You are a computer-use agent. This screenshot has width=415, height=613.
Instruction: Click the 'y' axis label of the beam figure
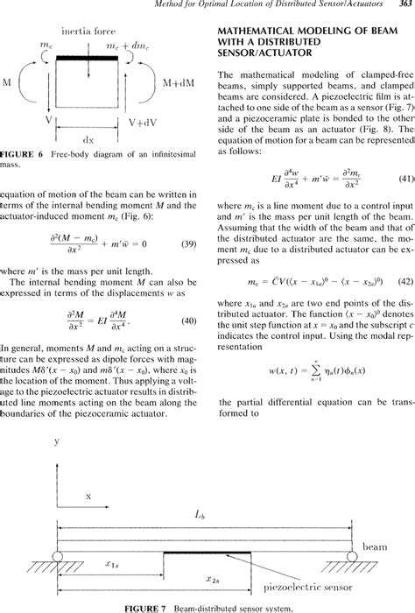click(x=32, y=467)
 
